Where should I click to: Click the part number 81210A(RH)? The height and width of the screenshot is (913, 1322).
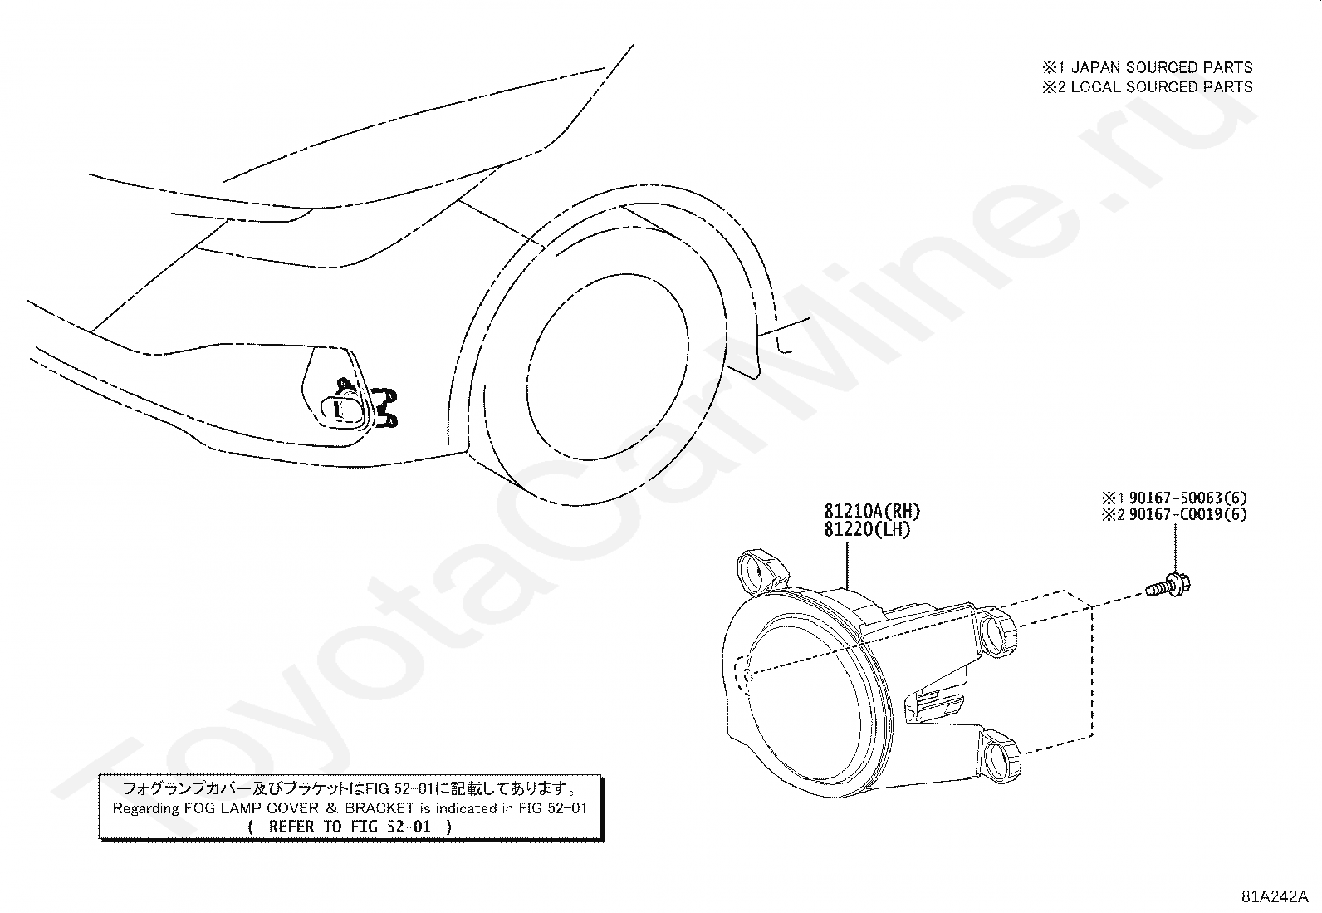click(871, 511)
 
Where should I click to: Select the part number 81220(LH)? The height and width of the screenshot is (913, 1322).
click(867, 529)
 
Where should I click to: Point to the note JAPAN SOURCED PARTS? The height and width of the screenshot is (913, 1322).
click(1163, 67)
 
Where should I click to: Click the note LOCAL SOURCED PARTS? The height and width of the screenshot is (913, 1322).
click(1162, 86)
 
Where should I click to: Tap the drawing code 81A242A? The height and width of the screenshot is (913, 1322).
click(1275, 896)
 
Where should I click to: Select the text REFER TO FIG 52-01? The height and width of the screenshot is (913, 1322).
click(351, 827)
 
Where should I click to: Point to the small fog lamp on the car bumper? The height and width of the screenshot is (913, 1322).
click(342, 407)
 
